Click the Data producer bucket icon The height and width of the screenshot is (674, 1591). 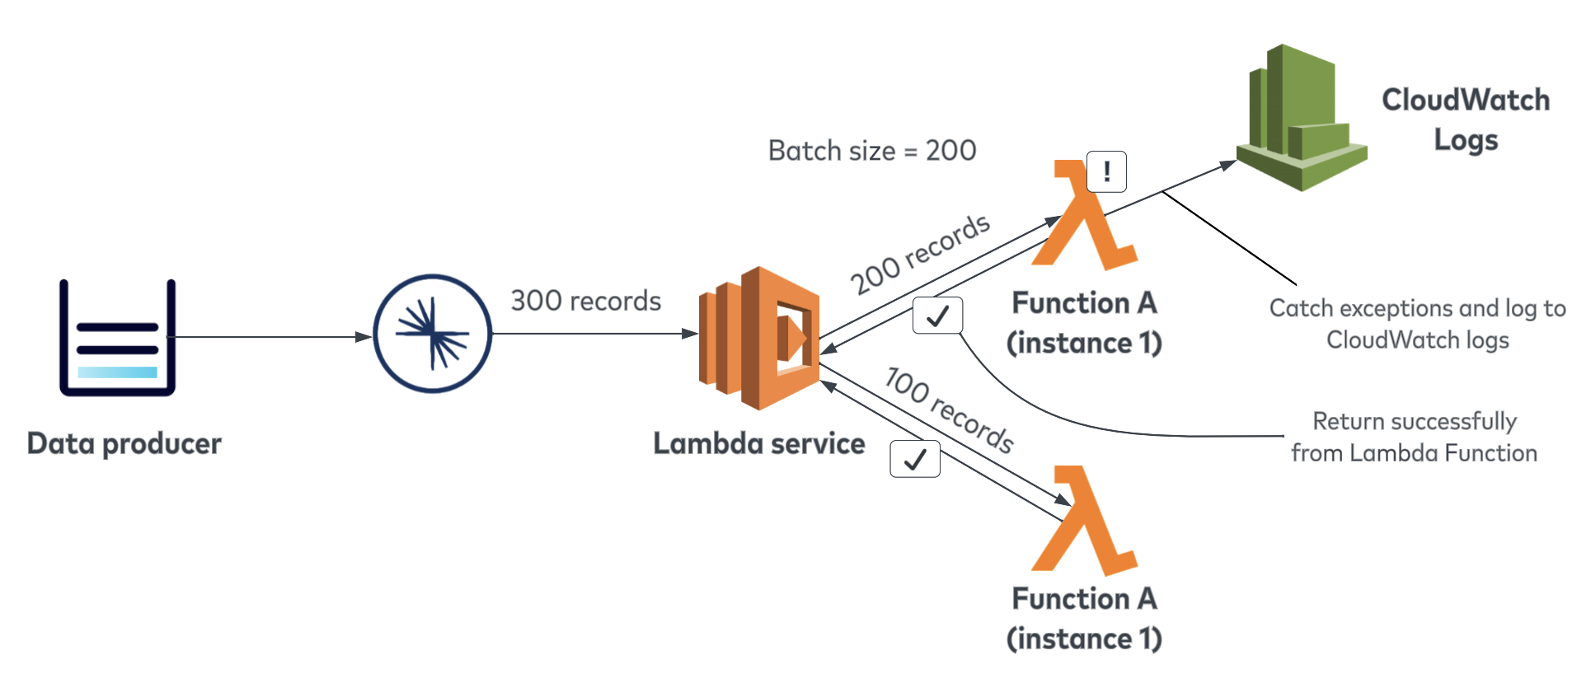coord(117,338)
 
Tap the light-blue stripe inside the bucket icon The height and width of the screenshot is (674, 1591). coord(117,372)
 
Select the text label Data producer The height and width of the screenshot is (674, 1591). coord(124,444)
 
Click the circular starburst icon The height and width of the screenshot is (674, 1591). coord(433,334)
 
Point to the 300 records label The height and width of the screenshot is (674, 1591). coord(585,301)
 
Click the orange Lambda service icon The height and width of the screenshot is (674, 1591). coord(759,338)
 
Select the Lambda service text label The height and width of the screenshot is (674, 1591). coord(759,444)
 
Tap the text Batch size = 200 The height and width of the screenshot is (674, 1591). coord(872,151)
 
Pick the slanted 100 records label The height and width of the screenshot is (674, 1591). coord(949,410)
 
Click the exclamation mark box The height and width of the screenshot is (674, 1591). coord(1106,171)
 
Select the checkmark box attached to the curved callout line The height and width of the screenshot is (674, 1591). coord(938,316)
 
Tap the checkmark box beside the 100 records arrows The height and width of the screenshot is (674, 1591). coord(915,459)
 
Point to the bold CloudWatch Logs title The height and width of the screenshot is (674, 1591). coord(1466,119)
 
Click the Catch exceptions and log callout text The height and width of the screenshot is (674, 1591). coord(1418,324)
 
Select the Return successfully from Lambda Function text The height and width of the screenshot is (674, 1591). coord(1415,437)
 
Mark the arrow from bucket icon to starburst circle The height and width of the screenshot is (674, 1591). coord(272,337)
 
